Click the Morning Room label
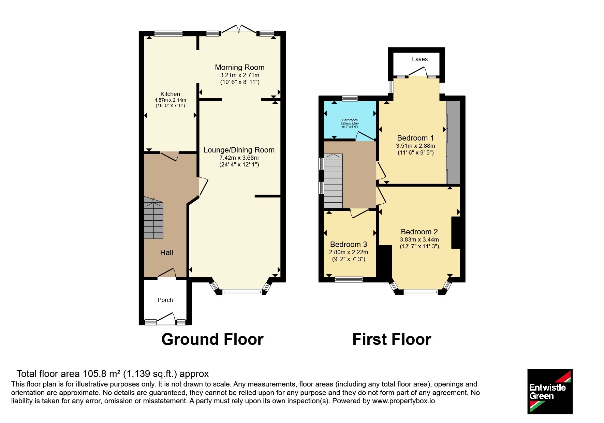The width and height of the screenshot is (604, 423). point(239,67)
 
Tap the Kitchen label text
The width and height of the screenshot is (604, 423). point(170,94)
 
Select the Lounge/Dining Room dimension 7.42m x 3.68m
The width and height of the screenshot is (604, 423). point(239,158)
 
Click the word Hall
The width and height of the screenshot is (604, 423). point(166,252)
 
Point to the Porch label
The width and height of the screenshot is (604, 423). point(165,300)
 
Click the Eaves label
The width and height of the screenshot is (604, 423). point(419,59)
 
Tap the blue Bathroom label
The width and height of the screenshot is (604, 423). point(350,120)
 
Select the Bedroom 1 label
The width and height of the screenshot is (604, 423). point(415,138)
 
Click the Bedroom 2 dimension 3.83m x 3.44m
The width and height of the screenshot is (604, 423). point(419,239)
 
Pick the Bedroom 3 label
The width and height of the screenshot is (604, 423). point(349,244)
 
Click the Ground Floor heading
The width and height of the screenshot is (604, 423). point(212,339)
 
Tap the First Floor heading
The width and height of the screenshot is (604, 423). point(392,339)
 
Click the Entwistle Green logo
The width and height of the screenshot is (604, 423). point(550,391)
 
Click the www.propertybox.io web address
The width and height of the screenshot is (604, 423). point(403,401)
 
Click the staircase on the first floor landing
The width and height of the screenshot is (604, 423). point(333,181)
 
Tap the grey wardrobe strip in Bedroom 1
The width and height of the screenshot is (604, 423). point(453,142)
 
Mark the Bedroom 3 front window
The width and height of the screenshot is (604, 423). point(349,280)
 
